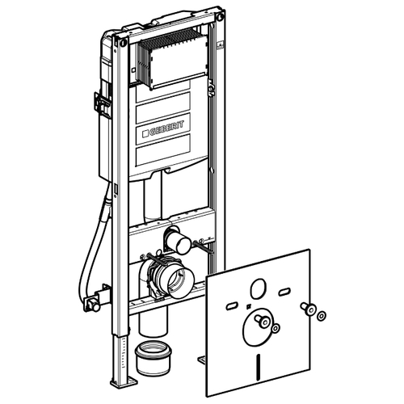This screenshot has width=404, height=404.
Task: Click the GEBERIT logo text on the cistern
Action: click(166, 128)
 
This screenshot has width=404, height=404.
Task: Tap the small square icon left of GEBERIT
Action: click(145, 133)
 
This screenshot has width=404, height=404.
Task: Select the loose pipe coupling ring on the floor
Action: click(153, 358)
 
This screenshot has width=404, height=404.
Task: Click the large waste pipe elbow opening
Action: click(181, 283)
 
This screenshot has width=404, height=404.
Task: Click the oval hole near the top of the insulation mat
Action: click(259, 288)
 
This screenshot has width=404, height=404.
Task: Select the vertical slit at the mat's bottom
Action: click(259, 364)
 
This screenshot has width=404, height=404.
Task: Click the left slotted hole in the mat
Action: click(232, 306)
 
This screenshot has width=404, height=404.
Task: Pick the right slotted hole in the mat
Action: click(284, 292)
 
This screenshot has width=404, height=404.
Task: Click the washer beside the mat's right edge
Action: click(321, 316)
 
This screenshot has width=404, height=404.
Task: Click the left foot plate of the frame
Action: click(124, 382)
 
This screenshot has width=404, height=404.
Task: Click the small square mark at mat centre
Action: click(249, 306)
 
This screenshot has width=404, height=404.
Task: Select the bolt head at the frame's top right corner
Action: click(221, 16)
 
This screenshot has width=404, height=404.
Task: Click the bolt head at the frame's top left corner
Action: click(124, 42)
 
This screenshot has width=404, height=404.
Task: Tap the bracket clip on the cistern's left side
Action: click(100, 104)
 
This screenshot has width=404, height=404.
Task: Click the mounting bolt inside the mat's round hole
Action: click(262, 321)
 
